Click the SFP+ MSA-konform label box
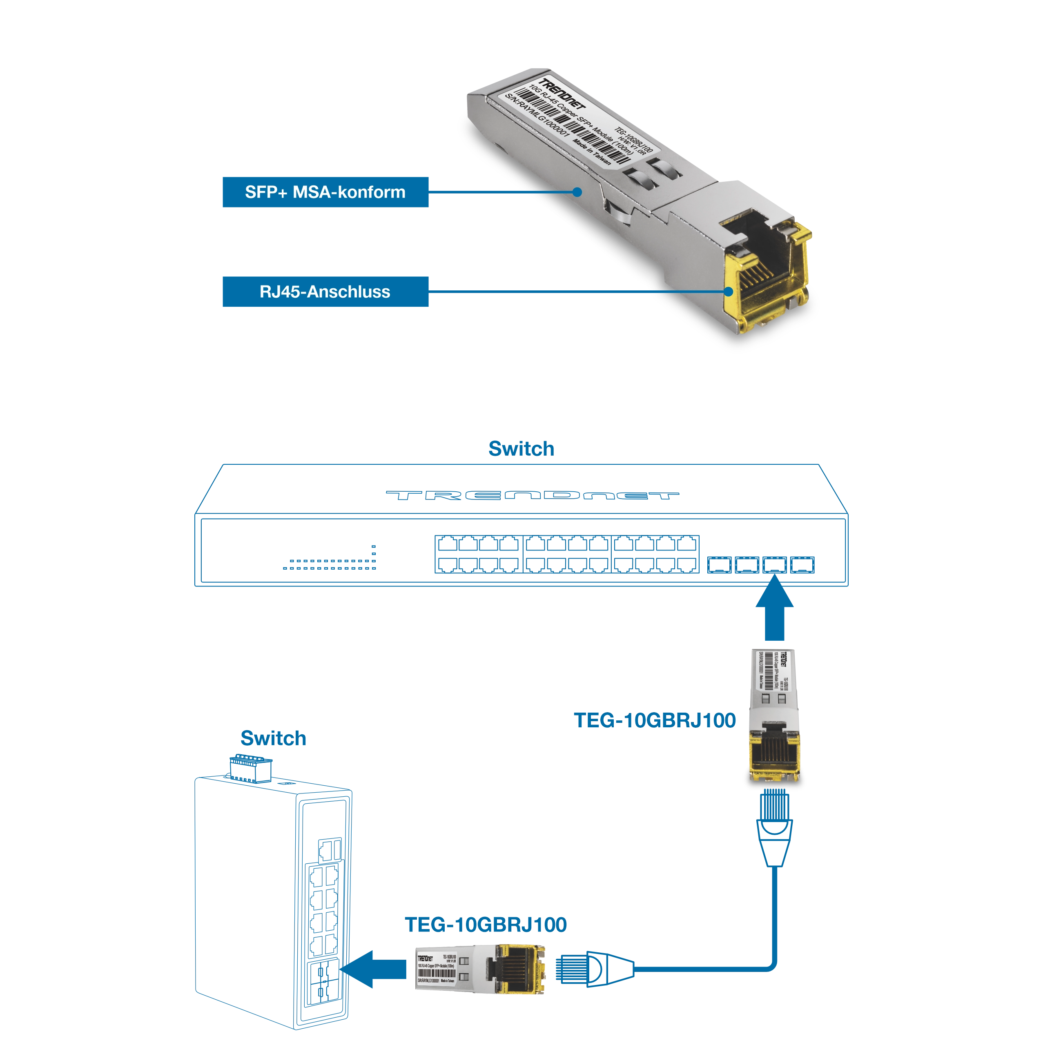(x=325, y=192)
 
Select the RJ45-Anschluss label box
(x=325, y=292)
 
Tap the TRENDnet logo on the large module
(x=562, y=97)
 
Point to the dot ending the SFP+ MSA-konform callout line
(x=577, y=192)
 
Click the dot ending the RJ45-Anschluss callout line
(x=728, y=292)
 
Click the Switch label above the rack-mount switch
(x=521, y=449)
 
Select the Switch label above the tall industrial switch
(x=273, y=740)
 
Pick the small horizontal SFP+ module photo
(x=478, y=969)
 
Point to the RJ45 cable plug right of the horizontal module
(x=594, y=971)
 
